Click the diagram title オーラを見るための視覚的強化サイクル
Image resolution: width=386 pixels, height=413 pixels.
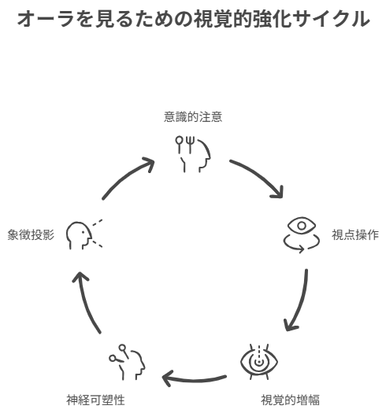pyautogui.click(x=194, y=19)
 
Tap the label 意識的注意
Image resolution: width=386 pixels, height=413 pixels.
pyautogui.click(x=193, y=117)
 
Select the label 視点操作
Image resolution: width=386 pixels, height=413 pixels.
pyautogui.click(x=355, y=234)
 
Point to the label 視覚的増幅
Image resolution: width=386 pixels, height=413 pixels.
pyautogui.click(x=290, y=400)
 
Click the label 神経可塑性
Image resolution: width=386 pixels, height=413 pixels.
pyautogui.click(x=95, y=400)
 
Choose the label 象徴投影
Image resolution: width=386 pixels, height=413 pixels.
pyautogui.click(x=31, y=234)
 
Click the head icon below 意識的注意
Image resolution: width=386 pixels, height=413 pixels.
pyautogui.click(x=193, y=154)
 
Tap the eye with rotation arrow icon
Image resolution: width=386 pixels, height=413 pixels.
pyautogui.click(x=302, y=234)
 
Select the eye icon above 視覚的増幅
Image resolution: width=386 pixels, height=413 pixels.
pyautogui.click(x=259, y=362)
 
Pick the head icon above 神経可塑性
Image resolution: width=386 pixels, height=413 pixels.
pyautogui.click(x=127, y=362)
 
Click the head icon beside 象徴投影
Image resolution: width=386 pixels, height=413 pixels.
pyautogui.click(x=84, y=235)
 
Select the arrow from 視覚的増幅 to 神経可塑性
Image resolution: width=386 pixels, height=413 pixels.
pyautogui.click(x=194, y=379)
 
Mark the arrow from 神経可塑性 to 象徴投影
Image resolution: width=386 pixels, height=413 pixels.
pyautogui.click(x=85, y=302)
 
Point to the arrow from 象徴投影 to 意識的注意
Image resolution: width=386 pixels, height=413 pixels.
pyautogui.click(x=126, y=175)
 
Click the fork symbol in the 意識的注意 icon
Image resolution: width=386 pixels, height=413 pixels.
pyautogui.click(x=190, y=145)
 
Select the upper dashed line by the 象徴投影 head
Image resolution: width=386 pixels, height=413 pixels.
pyautogui.click(x=97, y=223)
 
